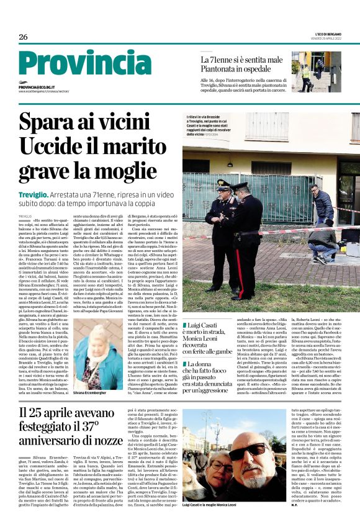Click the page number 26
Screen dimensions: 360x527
point(23,37)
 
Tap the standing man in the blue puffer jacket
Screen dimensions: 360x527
point(316,199)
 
